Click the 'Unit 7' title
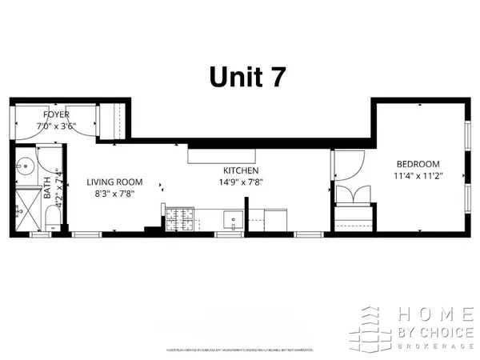(245, 76)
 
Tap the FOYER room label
(57, 114)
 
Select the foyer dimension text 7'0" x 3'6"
(57, 126)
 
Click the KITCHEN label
(240, 170)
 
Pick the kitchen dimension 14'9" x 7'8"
(240, 182)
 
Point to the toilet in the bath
(50, 218)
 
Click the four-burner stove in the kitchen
(178, 217)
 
